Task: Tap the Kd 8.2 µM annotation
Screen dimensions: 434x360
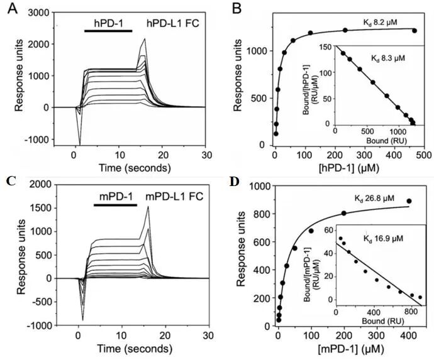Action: point(381,23)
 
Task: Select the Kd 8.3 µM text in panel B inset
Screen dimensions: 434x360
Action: point(388,58)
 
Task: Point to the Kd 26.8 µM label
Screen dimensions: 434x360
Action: point(374,199)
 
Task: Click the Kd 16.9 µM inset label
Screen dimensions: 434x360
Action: point(383,238)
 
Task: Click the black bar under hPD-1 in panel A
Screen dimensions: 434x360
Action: point(108,31)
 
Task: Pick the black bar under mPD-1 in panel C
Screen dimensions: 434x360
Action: point(116,205)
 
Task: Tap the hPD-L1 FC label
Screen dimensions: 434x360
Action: point(173,23)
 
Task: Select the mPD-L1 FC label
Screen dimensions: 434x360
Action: point(174,197)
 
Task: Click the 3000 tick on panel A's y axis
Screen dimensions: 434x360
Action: point(39,13)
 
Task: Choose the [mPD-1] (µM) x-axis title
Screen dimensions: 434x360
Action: point(351,349)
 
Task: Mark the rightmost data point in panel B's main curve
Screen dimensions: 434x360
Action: point(415,31)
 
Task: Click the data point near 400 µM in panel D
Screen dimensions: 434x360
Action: point(409,201)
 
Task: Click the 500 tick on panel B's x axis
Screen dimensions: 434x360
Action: point(424,155)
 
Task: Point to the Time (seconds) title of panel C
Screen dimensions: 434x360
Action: point(135,349)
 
